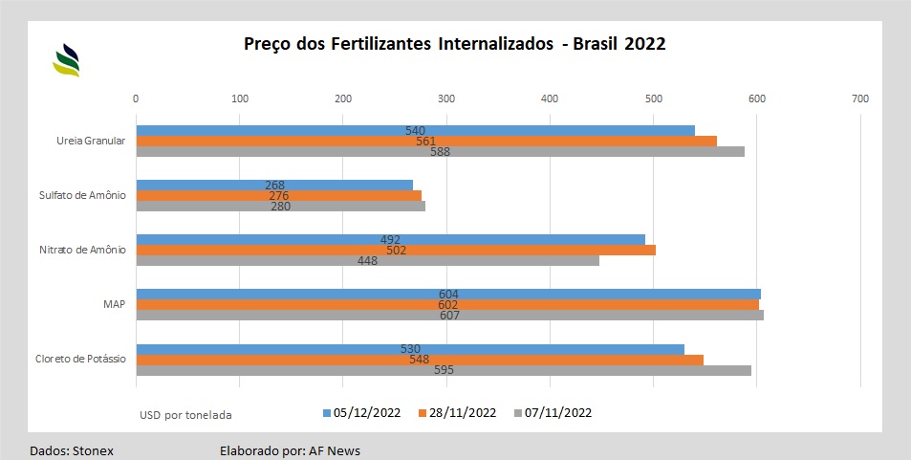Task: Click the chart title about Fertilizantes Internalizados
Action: point(454,44)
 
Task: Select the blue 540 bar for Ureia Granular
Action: point(416,131)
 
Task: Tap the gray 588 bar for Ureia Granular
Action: point(441,152)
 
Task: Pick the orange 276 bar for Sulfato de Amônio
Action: point(279,196)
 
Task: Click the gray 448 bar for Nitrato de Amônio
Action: point(368,261)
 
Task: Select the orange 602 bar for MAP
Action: point(447,305)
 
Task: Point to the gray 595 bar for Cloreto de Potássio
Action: point(444,370)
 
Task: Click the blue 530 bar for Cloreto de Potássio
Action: point(410,349)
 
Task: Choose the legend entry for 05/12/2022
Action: point(362,413)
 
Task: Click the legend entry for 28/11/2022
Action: point(457,413)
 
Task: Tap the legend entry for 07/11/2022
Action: point(553,413)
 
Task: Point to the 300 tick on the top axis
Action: point(446,99)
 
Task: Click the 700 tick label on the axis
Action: point(860,99)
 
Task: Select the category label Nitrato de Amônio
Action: point(82,250)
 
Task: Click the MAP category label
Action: point(115,304)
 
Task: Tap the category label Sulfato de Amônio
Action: point(82,195)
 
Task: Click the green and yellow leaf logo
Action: point(66,60)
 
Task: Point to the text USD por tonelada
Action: point(185,415)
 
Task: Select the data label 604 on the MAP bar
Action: point(448,295)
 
